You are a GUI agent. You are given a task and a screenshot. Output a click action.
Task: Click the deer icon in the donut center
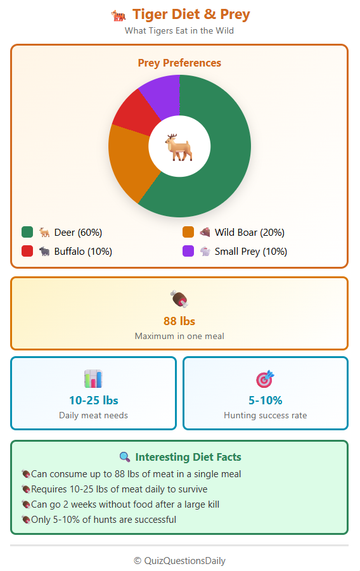pos(179,146)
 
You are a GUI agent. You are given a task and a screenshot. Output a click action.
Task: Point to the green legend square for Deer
pos(27,232)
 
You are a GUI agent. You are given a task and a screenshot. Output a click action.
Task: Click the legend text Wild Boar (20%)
pos(249,232)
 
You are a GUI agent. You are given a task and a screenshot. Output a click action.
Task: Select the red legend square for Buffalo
pos(27,251)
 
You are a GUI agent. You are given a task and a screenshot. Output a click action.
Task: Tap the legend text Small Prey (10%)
pos(250,251)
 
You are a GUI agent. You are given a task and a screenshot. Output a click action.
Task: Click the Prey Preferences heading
pos(179,63)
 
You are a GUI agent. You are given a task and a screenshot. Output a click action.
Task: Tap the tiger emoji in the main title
pos(119,15)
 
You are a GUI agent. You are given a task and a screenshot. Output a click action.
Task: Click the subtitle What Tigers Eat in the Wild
pos(179,30)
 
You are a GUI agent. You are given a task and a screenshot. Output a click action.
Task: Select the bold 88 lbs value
pos(179,321)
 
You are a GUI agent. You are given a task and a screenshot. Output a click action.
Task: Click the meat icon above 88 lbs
pos(179,298)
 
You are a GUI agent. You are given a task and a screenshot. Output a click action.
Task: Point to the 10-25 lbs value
pos(93,400)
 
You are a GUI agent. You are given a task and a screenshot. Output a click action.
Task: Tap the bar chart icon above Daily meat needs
pos(93,379)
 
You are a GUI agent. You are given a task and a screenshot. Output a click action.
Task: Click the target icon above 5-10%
pos(265,379)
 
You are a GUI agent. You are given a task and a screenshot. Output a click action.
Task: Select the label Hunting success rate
pos(265,415)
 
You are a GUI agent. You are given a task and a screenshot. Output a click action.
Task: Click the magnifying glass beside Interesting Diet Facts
pos(125,457)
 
